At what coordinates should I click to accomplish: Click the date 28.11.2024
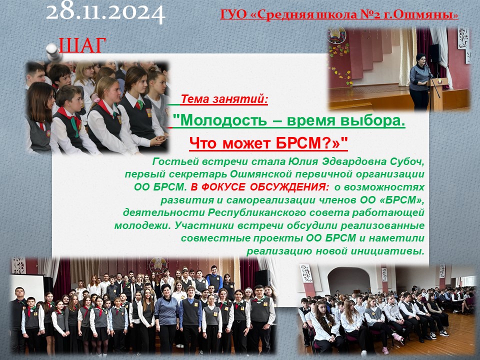point(106,12)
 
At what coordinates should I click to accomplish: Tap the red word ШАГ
point(82,45)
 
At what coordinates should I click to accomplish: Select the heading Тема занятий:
point(224,99)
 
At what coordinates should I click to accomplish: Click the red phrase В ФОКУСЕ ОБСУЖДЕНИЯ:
point(260,187)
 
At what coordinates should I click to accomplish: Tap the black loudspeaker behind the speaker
point(434,53)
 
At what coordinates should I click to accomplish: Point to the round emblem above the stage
point(336,35)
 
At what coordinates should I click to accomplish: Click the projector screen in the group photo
point(27,288)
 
